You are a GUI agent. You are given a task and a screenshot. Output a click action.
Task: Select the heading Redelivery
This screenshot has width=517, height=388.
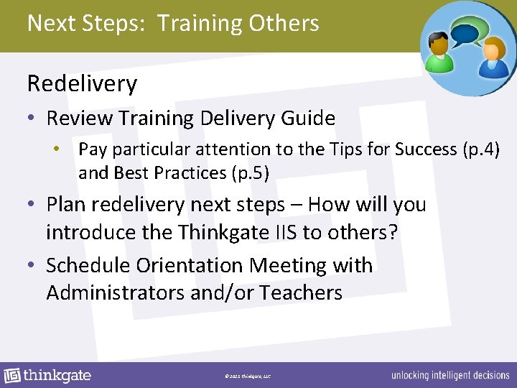[x=82, y=84]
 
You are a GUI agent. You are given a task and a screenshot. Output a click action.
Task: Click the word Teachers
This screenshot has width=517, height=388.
[x=301, y=292]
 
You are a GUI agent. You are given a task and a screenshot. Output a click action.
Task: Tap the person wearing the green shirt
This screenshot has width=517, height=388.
[x=437, y=53]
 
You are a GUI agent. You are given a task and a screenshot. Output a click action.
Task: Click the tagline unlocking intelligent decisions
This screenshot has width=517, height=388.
[x=450, y=376]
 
